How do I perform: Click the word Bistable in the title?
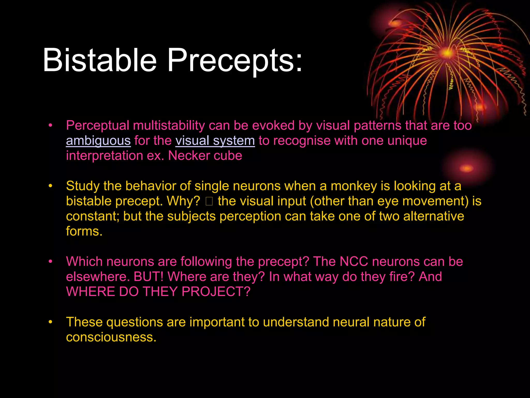tap(100, 60)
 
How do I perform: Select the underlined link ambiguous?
tap(98, 141)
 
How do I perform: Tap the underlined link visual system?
tap(215, 141)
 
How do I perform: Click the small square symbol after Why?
tap(209, 201)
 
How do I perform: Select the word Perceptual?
tap(98, 126)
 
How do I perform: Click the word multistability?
tap(169, 126)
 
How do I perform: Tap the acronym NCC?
tap(354, 261)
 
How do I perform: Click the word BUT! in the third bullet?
tap(149, 277)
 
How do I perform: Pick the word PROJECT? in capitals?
tap(216, 292)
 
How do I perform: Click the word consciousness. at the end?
tap(111, 337)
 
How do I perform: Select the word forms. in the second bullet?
tap(84, 231)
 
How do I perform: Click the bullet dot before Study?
tap(50, 186)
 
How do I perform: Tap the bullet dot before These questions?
tap(50, 322)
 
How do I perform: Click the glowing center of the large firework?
tap(447, 53)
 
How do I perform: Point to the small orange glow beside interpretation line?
tap(467, 168)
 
